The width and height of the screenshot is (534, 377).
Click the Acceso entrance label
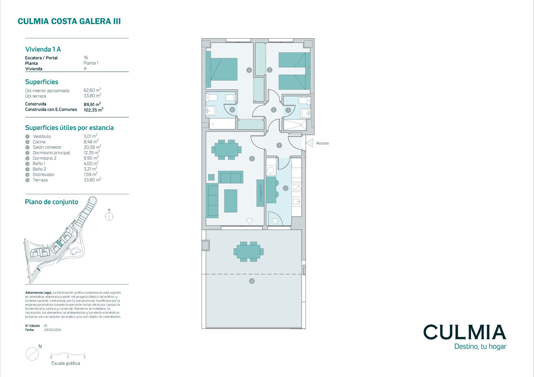click(322, 143)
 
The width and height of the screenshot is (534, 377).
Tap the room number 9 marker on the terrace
click(252, 281)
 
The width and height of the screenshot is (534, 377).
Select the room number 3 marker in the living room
click(252, 159)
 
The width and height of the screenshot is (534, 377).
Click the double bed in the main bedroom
click(221, 69)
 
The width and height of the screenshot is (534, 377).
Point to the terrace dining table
click(248, 252)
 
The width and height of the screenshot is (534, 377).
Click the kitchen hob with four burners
click(296, 186)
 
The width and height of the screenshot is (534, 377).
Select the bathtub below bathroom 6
click(222, 124)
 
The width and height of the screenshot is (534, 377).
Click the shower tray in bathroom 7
click(295, 125)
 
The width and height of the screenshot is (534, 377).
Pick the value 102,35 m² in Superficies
click(94, 110)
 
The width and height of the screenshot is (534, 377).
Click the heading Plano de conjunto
click(52, 202)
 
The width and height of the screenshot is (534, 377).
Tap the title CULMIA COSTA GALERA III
click(69, 21)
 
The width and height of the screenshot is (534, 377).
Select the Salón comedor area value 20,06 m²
click(93, 147)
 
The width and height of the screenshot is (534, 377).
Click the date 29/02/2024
click(53, 330)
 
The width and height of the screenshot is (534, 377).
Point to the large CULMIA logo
click(465, 332)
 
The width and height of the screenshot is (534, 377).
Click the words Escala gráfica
click(66, 363)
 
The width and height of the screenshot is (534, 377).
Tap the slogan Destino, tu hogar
click(480, 347)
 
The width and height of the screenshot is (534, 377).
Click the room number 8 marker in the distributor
click(274, 110)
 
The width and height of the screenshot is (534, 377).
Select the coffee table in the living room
click(231, 201)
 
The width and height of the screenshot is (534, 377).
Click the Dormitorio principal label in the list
click(51, 153)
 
